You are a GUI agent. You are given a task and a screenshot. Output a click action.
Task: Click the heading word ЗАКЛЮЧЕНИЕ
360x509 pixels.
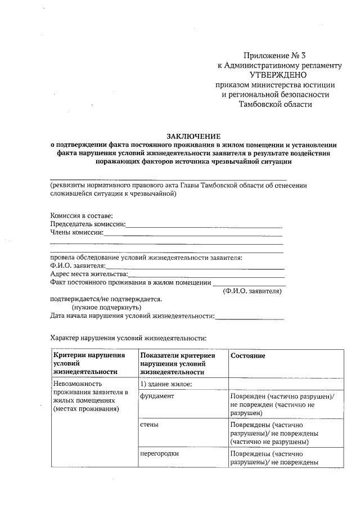click(193, 136)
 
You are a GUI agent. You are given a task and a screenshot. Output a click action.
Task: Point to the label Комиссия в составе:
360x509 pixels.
click(82, 215)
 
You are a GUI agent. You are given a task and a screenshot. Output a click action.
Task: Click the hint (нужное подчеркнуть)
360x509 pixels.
click(106, 308)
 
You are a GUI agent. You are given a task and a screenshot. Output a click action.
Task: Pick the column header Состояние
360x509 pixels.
click(247, 357)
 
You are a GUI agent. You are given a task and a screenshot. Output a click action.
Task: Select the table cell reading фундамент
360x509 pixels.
click(157, 396)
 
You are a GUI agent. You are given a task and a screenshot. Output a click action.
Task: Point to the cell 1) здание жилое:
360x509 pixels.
click(166, 384)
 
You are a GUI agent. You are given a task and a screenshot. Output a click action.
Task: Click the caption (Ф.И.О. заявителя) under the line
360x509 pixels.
click(251, 291)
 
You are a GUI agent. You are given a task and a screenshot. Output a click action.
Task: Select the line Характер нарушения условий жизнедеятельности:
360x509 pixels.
click(129, 338)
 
